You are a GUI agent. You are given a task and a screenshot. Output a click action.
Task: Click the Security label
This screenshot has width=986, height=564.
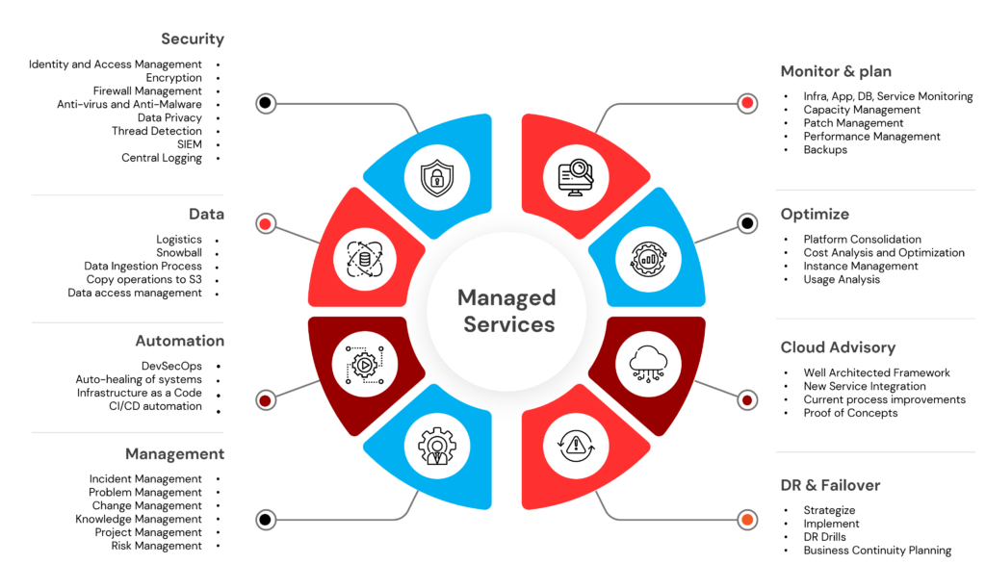coord(193,39)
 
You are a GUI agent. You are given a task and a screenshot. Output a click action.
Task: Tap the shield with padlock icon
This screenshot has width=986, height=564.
coord(437,176)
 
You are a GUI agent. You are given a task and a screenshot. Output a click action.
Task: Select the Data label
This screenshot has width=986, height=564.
coord(206,216)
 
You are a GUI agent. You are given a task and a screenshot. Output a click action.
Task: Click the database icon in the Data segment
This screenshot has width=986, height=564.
coord(365,256)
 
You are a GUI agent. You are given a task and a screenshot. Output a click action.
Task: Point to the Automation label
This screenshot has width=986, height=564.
coord(179,342)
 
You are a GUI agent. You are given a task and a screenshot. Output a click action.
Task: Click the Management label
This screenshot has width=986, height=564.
coord(174,454)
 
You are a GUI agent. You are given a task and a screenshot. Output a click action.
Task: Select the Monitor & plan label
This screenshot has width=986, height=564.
coord(836,71)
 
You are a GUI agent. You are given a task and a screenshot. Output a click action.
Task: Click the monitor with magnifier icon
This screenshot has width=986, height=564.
coord(577,177)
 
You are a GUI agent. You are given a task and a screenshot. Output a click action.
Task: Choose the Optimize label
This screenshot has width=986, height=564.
coord(815,215)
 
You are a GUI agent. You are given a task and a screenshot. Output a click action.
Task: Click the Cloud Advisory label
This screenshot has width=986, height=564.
coord(838,347)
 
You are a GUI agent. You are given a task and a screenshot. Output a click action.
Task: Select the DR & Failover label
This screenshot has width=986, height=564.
coord(830,485)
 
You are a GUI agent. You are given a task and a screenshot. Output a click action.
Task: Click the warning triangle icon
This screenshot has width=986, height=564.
coord(576,445)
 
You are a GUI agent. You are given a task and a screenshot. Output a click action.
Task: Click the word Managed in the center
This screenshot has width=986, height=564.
coord(506,297)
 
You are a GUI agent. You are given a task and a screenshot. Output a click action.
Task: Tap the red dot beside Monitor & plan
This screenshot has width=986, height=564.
coord(747,103)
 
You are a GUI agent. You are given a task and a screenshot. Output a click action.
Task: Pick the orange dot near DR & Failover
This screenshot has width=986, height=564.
coord(747,521)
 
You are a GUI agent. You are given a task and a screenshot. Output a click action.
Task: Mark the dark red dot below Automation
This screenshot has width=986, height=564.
coord(266,398)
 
